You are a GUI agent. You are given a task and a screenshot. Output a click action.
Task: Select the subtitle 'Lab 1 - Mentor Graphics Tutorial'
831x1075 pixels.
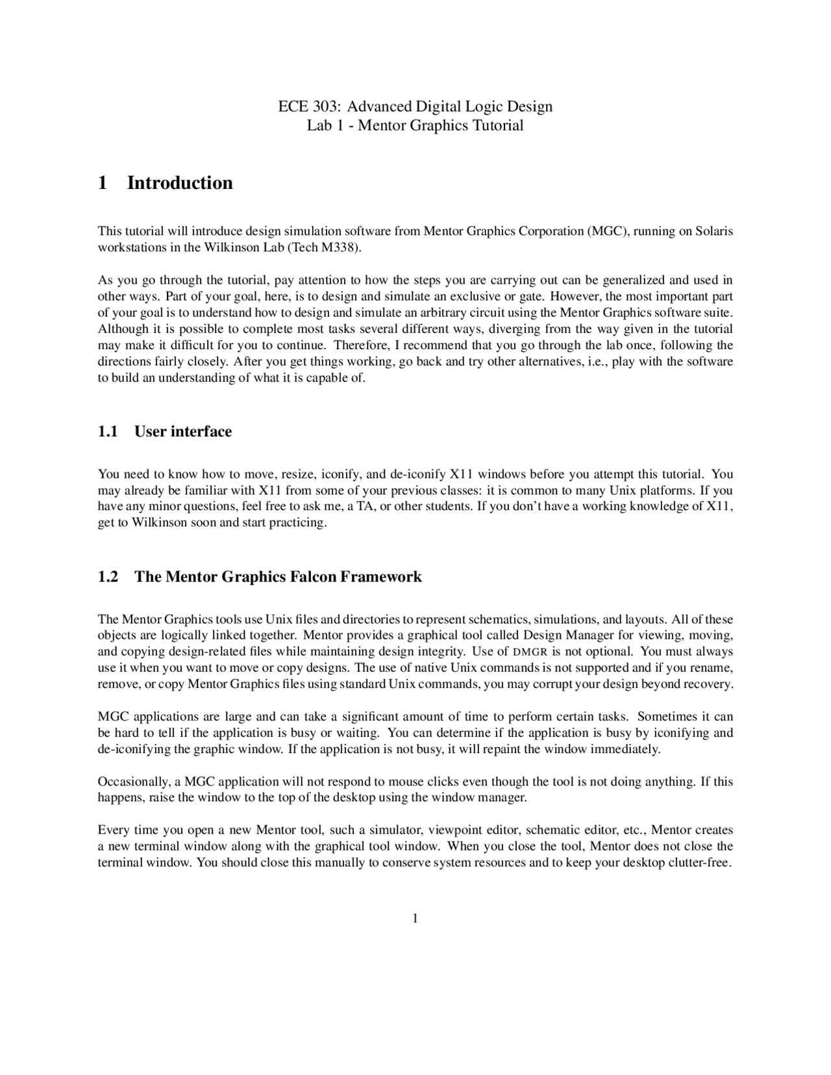coord(415,125)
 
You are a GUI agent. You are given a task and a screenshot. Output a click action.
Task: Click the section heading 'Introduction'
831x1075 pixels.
coord(180,183)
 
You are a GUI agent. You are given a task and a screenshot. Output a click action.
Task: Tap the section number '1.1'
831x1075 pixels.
coord(108,432)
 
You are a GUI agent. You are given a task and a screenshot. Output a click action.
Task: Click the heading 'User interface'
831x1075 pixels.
coord(183,432)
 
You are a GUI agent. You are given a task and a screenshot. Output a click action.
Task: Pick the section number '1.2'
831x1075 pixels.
coord(108,577)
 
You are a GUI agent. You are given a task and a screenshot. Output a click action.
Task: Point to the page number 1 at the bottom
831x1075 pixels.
coord(415,918)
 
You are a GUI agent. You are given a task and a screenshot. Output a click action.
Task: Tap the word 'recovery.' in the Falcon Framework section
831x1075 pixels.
coord(710,684)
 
